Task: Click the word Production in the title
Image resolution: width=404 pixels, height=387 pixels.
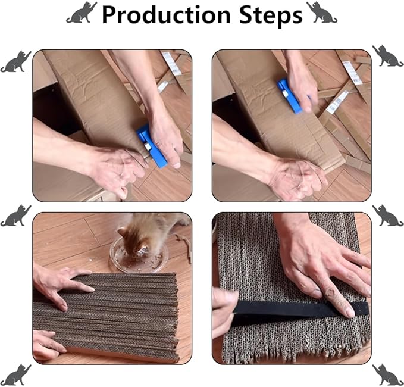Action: [166, 15]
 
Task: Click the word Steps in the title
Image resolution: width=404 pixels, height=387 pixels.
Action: [271, 15]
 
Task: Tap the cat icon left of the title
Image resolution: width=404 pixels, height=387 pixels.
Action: [82, 12]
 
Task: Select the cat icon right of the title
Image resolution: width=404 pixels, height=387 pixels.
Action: [321, 12]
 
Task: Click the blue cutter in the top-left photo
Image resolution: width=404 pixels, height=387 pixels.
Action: [152, 146]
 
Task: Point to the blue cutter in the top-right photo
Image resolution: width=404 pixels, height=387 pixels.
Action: [290, 96]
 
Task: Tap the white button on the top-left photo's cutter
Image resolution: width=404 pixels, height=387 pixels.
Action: [148, 147]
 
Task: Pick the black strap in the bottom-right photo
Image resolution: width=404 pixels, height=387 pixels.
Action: [300, 310]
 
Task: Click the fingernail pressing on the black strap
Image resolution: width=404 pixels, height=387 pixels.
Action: [349, 313]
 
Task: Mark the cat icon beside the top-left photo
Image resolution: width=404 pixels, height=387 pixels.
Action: [15, 61]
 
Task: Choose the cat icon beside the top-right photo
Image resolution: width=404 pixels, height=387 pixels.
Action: [388, 56]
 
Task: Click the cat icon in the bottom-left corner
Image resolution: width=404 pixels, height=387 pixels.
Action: [15, 375]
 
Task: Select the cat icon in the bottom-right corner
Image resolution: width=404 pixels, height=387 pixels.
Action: [388, 375]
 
